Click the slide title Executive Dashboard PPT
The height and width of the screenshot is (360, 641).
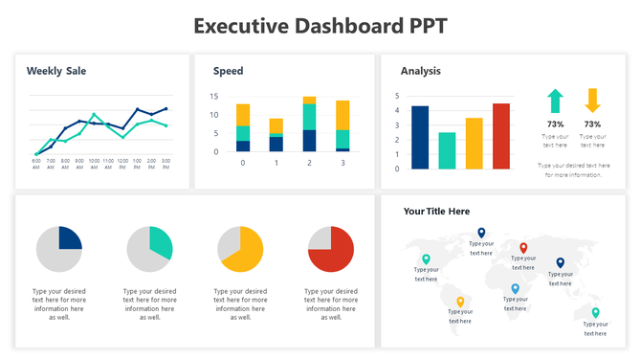[x=320, y=26]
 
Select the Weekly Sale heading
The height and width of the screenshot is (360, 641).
[x=57, y=71]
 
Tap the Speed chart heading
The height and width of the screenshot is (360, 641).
[x=228, y=71]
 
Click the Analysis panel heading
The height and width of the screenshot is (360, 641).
[x=420, y=71]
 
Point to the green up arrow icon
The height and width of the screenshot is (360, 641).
[x=555, y=101]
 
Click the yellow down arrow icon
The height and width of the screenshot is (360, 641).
[x=592, y=101]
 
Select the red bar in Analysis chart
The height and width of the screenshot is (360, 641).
[x=500, y=135]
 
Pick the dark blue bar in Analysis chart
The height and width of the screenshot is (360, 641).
[x=419, y=136]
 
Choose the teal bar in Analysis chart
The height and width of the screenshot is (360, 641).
[x=447, y=149]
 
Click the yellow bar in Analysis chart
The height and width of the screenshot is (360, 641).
[x=474, y=142]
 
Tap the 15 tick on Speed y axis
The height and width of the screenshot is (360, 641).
[x=214, y=97]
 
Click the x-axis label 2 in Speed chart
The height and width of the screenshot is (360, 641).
[x=309, y=163]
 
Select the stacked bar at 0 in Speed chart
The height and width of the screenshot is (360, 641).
[x=243, y=128]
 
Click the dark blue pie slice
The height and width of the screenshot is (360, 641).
[x=69, y=239]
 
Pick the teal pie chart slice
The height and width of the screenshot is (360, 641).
[x=160, y=242]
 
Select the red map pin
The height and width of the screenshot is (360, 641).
[x=522, y=249]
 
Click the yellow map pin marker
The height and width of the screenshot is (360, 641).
[x=460, y=303]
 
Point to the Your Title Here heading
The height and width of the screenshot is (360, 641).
[x=436, y=212]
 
